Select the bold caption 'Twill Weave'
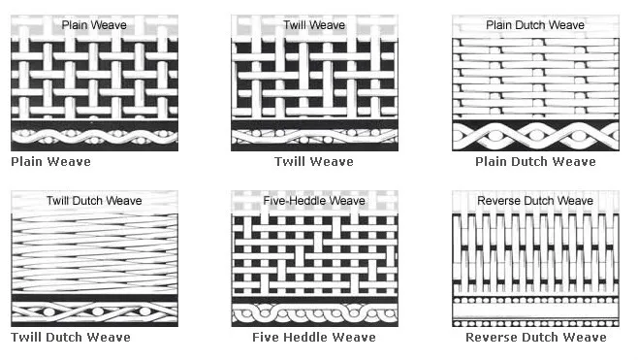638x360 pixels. [313, 161]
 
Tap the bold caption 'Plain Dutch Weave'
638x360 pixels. [535, 161]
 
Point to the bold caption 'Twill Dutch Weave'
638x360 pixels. [71, 338]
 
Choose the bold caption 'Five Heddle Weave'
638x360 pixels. [313, 338]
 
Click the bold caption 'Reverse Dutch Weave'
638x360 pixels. [536, 338]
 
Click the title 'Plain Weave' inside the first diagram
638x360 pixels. [93, 25]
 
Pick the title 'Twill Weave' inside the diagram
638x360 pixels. [313, 25]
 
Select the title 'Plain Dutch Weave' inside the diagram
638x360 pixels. [535, 25]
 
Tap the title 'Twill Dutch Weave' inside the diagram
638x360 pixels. [93, 201]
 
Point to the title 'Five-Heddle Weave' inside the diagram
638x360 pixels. [313, 201]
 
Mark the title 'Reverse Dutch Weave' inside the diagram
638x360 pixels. [535, 201]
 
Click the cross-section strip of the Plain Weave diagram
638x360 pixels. [93, 137]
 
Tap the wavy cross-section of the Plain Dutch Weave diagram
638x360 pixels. [535, 135]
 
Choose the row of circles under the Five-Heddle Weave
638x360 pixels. [313, 313]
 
